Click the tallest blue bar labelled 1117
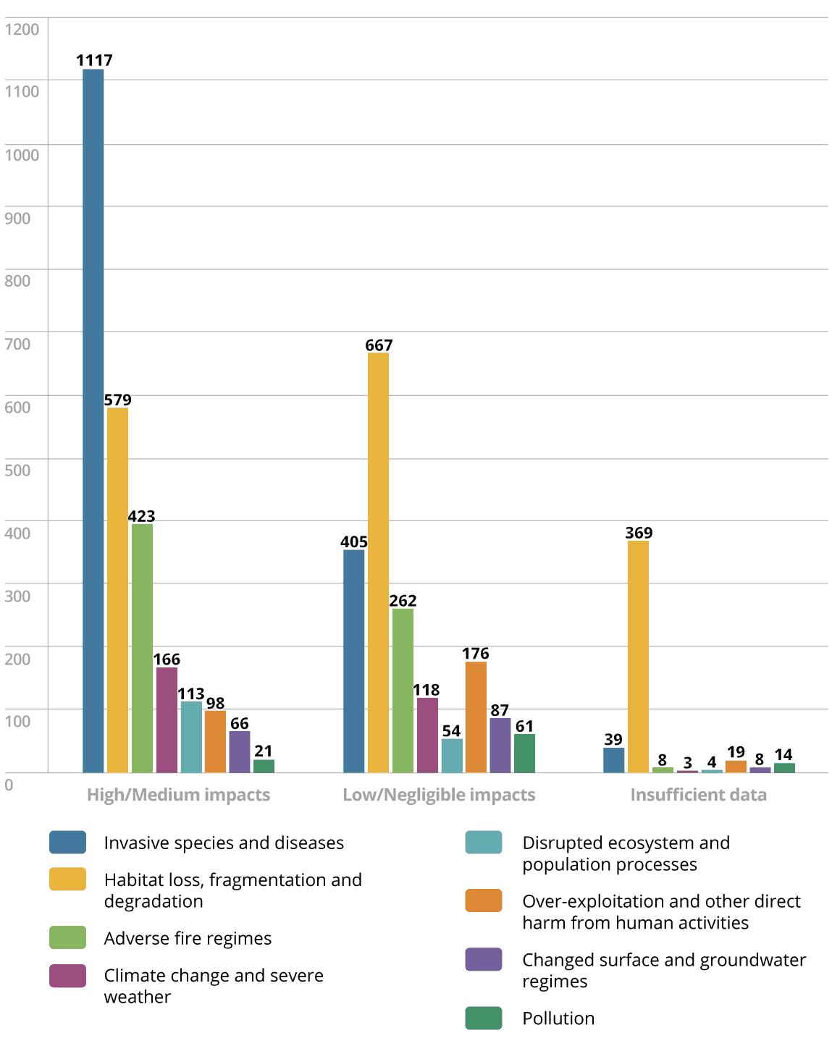[x=93, y=420]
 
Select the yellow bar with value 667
[x=378, y=562]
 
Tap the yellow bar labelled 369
[x=638, y=657]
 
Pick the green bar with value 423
[x=142, y=648]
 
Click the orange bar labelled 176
[x=476, y=717]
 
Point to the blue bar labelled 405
[x=354, y=661]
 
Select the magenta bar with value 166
[x=167, y=720]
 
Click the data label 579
[x=117, y=400]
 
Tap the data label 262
[x=403, y=601]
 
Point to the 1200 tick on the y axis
[x=22, y=29]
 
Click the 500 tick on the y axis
[x=18, y=470]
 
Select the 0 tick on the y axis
[x=9, y=785]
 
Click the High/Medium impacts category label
[x=178, y=795]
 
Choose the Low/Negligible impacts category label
[x=439, y=795]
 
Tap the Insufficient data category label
[x=698, y=795]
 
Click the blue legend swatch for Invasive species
[x=68, y=843]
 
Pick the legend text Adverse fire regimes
[x=188, y=938]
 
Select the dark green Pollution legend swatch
[x=484, y=1018]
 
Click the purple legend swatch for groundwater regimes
[x=484, y=959]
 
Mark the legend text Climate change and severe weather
[x=214, y=986]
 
